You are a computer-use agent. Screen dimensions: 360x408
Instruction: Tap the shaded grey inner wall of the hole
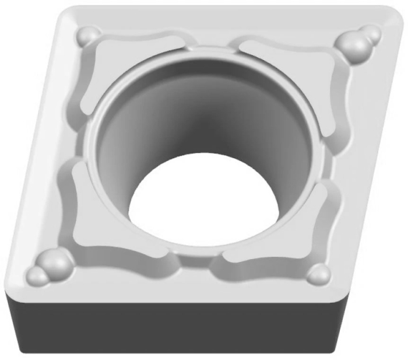pos(192,117)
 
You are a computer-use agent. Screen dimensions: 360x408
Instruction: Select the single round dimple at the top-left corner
pos(89,36)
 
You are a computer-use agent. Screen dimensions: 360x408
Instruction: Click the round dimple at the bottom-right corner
pos(318,274)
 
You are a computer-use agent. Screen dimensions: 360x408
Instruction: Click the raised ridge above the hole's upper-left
pos(140,44)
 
